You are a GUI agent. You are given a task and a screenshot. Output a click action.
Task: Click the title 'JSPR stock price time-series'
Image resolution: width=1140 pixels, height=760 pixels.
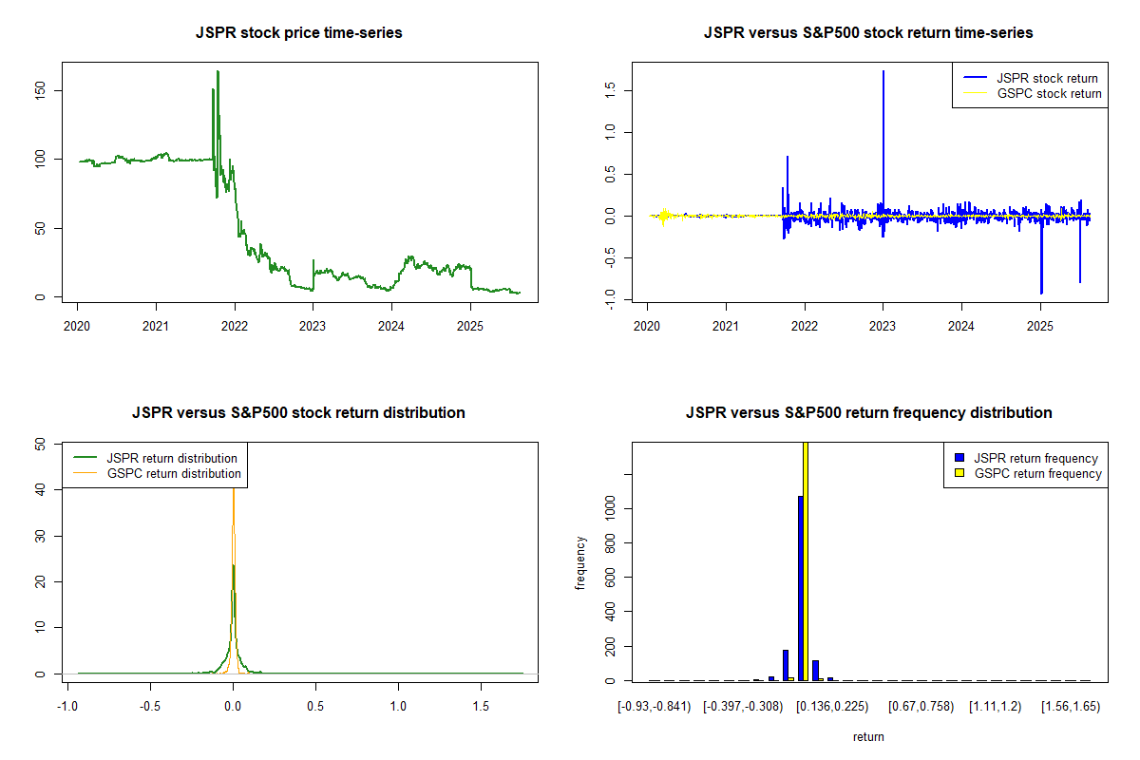click(298, 33)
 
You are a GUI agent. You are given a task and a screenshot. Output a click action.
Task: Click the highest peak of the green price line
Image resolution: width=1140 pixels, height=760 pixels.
click(218, 71)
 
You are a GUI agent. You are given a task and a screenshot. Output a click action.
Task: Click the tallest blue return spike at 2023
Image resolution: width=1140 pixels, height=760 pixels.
click(883, 72)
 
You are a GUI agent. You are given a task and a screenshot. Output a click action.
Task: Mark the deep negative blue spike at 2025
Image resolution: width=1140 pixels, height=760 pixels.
click(1041, 292)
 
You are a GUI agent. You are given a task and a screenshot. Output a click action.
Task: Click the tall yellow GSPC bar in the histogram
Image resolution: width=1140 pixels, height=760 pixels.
click(806, 560)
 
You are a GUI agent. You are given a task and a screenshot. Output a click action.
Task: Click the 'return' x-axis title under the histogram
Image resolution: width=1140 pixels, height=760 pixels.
click(868, 736)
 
